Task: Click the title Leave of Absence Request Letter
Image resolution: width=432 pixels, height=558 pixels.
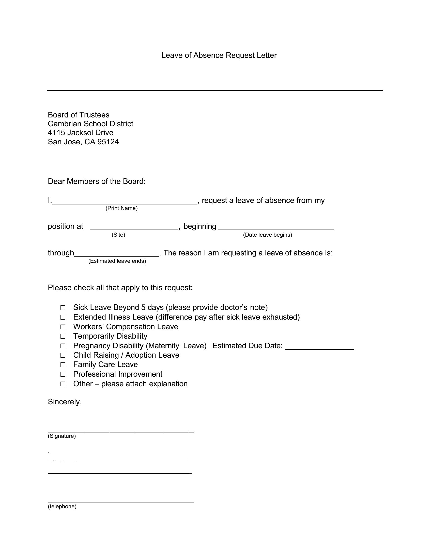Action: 219,56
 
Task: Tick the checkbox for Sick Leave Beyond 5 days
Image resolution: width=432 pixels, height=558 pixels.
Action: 63,308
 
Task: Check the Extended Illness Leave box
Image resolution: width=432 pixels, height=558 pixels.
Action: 63,317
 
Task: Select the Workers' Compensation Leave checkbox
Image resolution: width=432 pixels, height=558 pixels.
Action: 63,327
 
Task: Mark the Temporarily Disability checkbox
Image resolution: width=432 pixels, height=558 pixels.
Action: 63,337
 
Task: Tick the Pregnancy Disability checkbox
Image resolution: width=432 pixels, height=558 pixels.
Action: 63,346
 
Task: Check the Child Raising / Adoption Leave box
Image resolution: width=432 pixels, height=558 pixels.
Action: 63,355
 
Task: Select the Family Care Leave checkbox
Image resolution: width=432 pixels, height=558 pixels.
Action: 63,365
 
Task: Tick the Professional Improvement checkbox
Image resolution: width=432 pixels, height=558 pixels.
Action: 63,375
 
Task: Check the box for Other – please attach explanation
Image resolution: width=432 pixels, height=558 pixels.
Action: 63,384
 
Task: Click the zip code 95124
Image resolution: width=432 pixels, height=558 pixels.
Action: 108,142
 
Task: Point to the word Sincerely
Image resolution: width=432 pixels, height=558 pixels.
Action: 65,402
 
